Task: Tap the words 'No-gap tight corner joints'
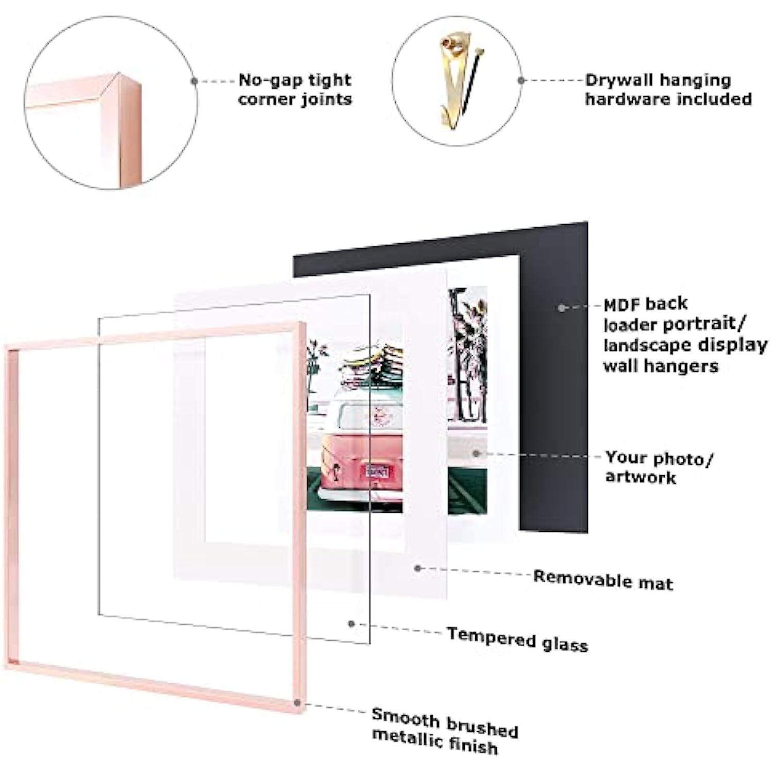click(x=295, y=89)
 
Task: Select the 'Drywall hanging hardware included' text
click(x=668, y=89)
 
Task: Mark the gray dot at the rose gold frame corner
click(x=297, y=702)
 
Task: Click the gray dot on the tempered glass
click(x=351, y=624)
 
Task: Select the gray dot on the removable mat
click(x=418, y=568)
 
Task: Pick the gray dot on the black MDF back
click(x=562, y=308)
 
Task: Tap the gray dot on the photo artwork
click(x=476, y=453)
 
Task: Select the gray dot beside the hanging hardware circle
click(x=522, y=80)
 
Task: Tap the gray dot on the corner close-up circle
click(x=194, y=81)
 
